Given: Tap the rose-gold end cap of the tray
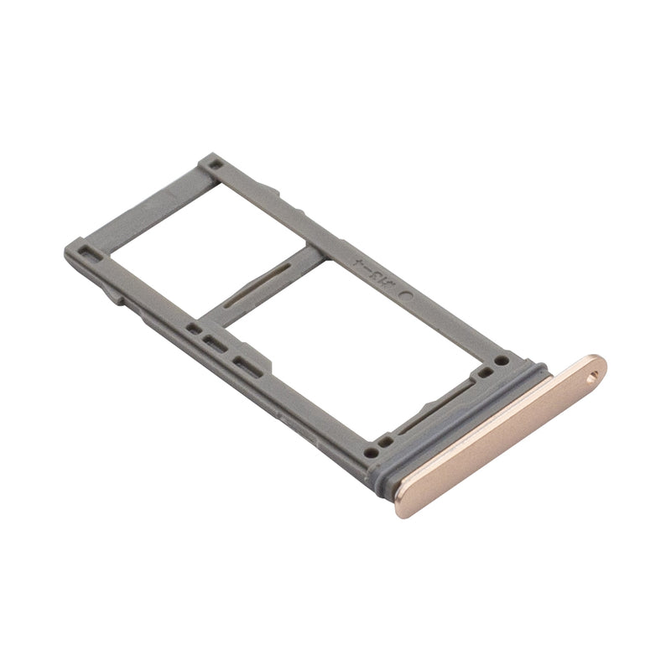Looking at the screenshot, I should click(x=503, y=428).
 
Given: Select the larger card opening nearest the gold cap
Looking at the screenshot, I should click(x=352, y=352).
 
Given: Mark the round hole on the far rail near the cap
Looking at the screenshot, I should click(x=502, y=361).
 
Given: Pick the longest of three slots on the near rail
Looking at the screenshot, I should click(x=246, y=362).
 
